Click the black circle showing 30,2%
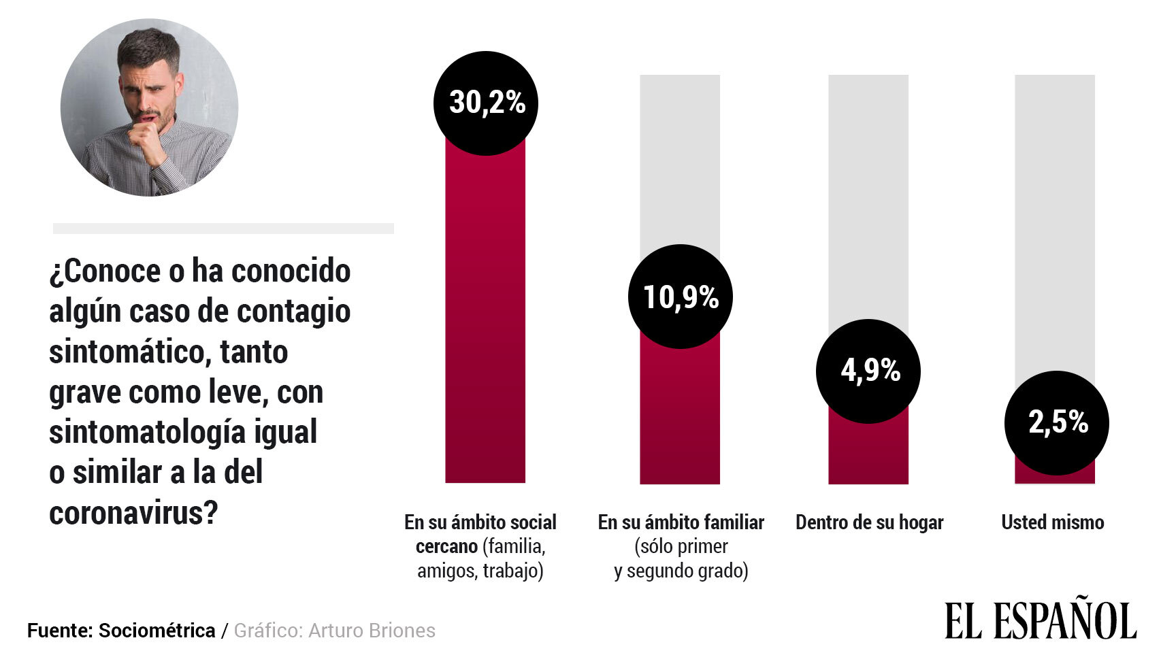click(486, 103)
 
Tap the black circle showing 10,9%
click(681, 297)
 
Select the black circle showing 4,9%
click(868, 371)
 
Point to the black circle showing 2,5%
click(1057, 423)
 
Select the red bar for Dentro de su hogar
click(868, 452)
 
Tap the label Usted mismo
click(1052, 522)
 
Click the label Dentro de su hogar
click(869, 522)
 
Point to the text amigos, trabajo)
click(480, 570)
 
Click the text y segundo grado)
click(681, 570)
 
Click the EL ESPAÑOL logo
click(1040, 620)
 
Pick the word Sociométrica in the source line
click(157, 631)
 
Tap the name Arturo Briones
click(372, 631)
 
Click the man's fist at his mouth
click(145, 133)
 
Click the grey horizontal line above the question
click(223, 229)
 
